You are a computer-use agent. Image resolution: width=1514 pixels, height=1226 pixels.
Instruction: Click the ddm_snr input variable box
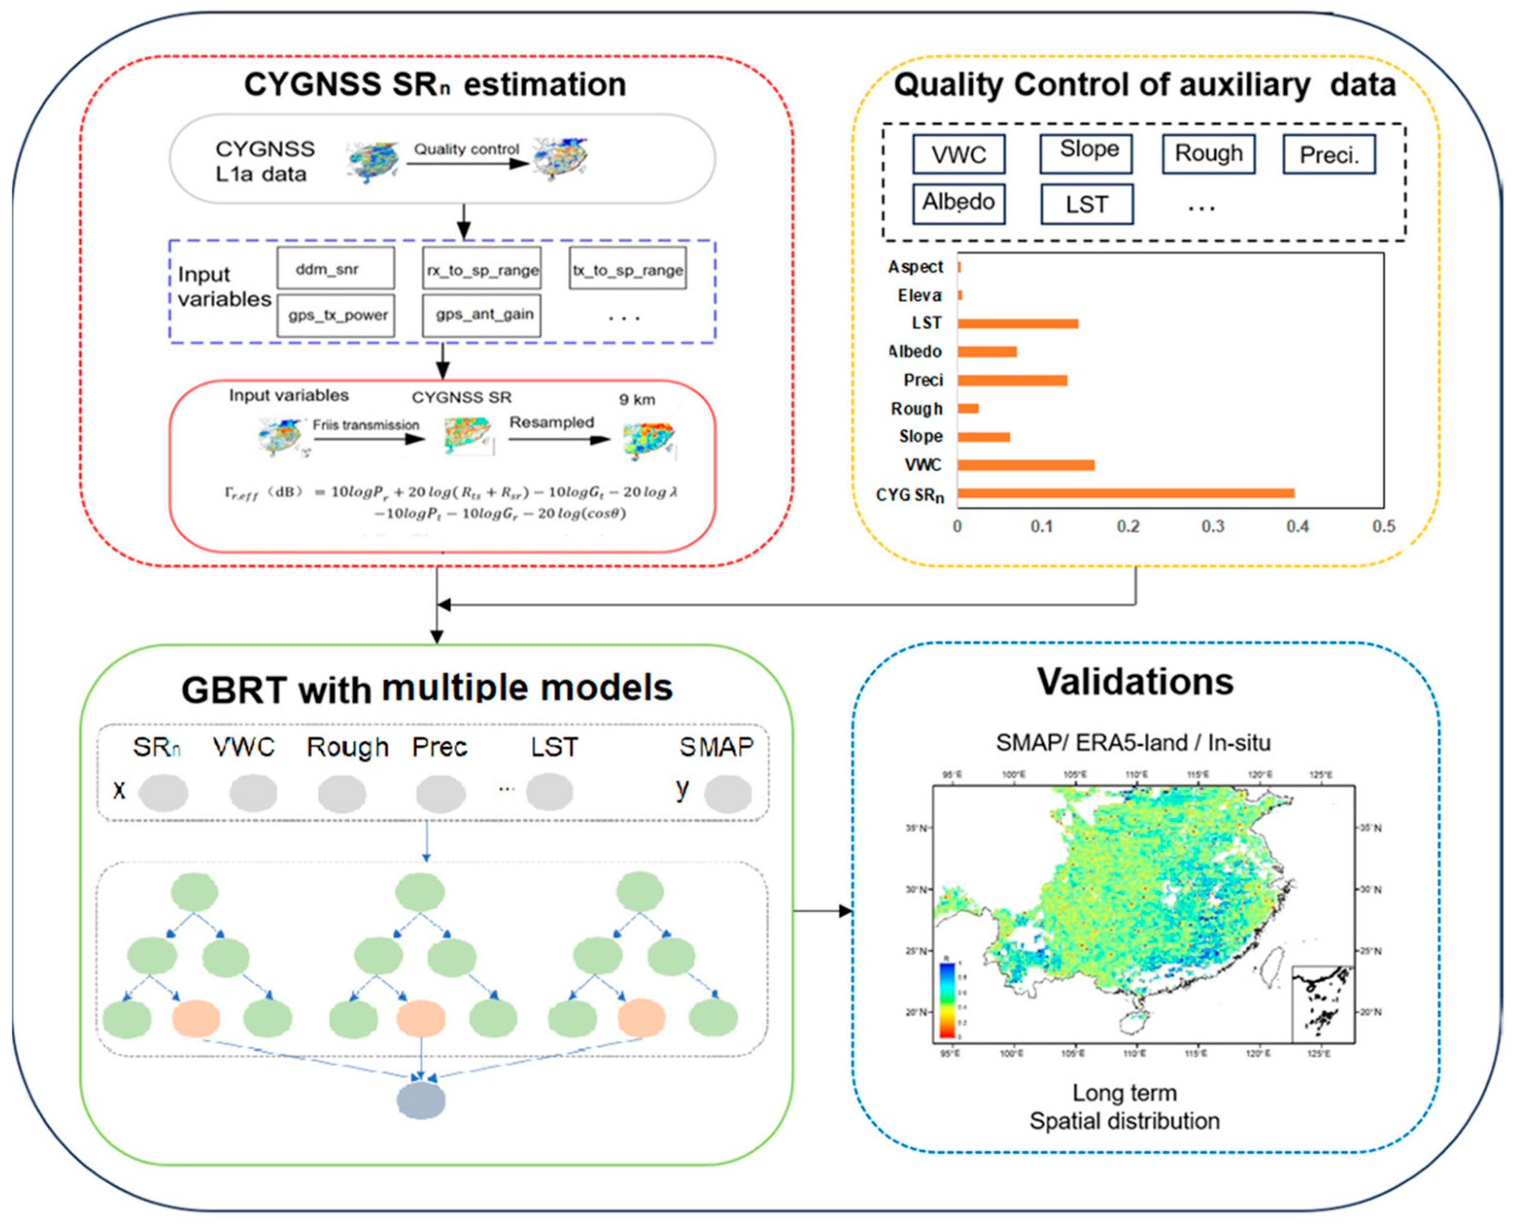(336, 268)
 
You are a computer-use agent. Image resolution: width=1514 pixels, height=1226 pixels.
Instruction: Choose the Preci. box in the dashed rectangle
(1329, 154)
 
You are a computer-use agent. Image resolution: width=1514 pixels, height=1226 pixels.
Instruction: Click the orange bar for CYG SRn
(1125, 494)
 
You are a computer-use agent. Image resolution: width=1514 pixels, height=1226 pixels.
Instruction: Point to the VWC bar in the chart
(1026, 465)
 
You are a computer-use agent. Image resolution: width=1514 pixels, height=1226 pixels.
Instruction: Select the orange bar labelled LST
(1018, 324)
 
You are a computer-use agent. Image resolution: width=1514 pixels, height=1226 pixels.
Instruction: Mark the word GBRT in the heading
(233, 690)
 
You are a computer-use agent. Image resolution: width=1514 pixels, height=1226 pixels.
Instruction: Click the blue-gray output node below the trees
(421, 1103)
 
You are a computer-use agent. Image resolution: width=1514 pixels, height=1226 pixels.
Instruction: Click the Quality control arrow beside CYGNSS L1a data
(467, 164)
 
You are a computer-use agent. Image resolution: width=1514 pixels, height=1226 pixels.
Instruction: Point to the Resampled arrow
(559, 439)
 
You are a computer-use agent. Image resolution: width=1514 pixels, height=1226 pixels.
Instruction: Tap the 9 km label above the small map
(637, 400)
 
